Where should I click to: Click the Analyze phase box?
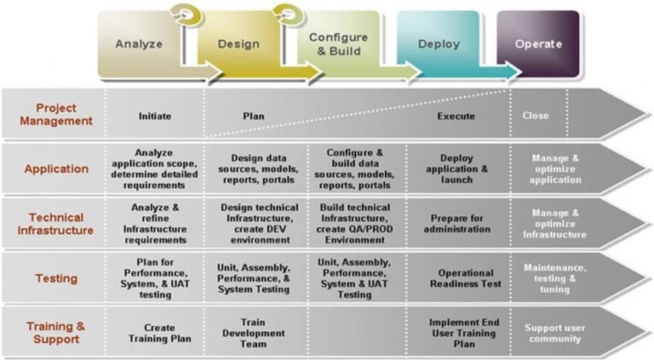(140, 44)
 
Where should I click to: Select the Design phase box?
(238, 44)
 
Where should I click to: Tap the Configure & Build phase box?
(338, 44)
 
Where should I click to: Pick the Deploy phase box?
(439, 44)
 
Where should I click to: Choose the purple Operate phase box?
(538, 44)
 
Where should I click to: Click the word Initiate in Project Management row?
(156, 115)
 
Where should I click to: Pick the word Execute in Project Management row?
(456, 116)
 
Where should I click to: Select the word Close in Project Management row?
(536, 115)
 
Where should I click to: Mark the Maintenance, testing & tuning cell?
(554, 277)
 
